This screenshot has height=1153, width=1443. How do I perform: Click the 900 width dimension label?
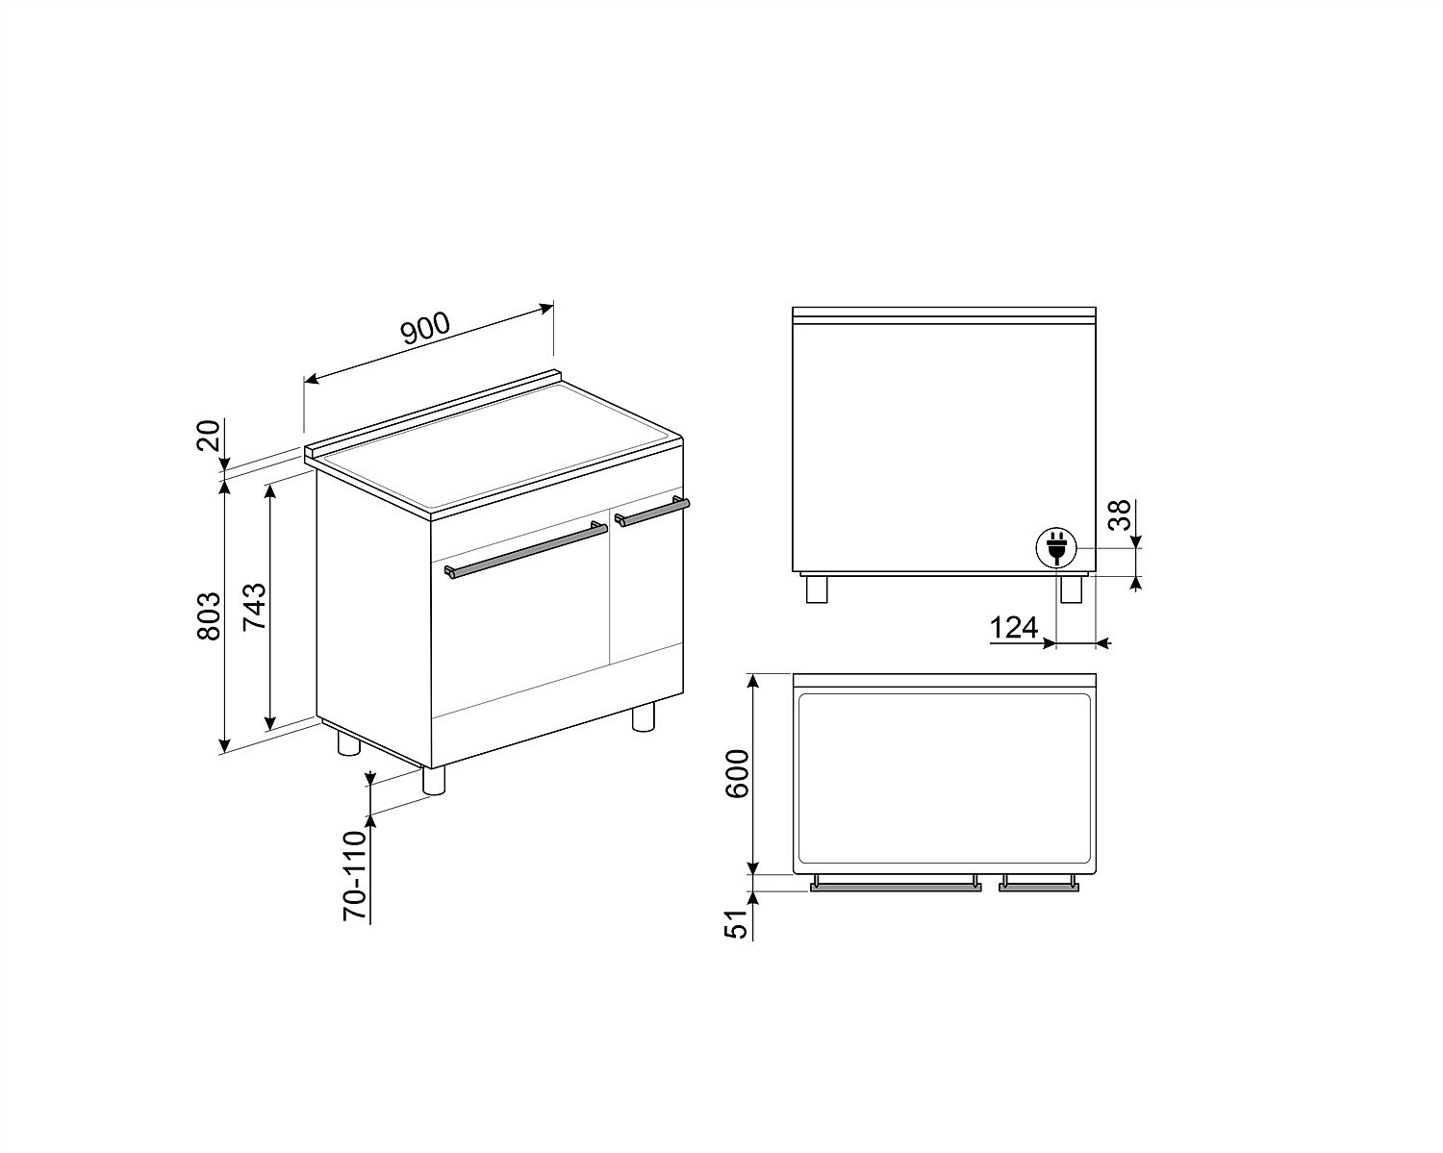click(x=426, y=328)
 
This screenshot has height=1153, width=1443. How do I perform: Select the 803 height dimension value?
click(x=209, y=616)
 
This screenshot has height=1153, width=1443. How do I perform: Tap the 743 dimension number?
click(x=254, y=607)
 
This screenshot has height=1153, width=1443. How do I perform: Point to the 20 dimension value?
click(x=209, y=435)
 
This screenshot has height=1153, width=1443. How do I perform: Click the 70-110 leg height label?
click(x=356, y=876)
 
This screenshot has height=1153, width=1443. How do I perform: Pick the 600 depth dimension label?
click(x=738, y=773)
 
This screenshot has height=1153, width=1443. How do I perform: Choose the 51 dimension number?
click(x=736, y=924)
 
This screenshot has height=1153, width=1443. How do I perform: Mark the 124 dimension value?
click(x=1014, y=628)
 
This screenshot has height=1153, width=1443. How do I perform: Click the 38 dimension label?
click(x=1119, y=515)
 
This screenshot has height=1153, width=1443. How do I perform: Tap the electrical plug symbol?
click(x=1056, y=547)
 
